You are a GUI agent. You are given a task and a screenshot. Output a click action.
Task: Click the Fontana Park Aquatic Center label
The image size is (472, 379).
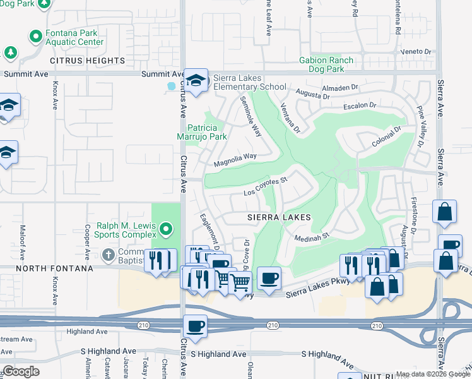coord(74,37)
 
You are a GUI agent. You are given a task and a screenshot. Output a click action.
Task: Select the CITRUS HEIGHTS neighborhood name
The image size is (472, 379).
coord(88,61)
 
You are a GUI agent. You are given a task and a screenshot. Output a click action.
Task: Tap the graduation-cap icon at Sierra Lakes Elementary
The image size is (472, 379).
coord(196,80)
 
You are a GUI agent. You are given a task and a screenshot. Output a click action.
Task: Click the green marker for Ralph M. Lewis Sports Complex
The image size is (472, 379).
coord(166,228)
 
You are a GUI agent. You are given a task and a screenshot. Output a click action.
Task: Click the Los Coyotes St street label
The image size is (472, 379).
coord(266,188)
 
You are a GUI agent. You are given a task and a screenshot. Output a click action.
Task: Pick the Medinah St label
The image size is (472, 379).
coord(312,237)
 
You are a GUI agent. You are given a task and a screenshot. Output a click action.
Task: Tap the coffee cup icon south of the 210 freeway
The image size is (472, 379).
coord(195,326)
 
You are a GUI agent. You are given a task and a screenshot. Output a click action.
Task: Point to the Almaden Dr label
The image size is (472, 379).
coord(339,88)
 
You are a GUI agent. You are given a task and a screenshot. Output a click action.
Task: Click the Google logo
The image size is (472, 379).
coord(21,371)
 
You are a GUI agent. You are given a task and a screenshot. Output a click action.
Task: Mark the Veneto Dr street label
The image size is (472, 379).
coord(418,52)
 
